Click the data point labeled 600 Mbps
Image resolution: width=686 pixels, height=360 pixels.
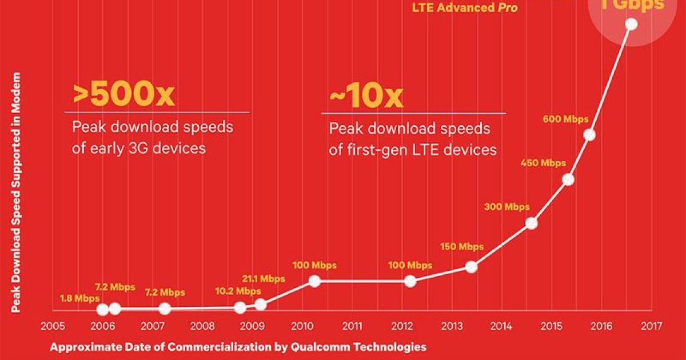click(x=589, y=135)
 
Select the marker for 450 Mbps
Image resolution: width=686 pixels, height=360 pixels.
click(x=568, y=179)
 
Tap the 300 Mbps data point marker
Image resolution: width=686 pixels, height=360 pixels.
click(x=532, y=223)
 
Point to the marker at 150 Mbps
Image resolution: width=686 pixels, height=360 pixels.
click(x=471, y=267)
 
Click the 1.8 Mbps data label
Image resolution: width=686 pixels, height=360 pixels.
click(x=79, y=298)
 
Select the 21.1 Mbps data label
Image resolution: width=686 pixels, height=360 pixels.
click(x=263, y=279)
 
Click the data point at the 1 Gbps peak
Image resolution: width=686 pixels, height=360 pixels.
click(x=632, y=24)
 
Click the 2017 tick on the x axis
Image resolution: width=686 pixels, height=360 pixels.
click(x=652, y=327)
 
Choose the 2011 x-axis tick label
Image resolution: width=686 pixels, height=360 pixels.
click(x=352, y=327)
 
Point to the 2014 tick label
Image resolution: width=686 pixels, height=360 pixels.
click(x=501, y=327)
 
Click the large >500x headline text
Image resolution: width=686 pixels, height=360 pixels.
click(x=123, y=95)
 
